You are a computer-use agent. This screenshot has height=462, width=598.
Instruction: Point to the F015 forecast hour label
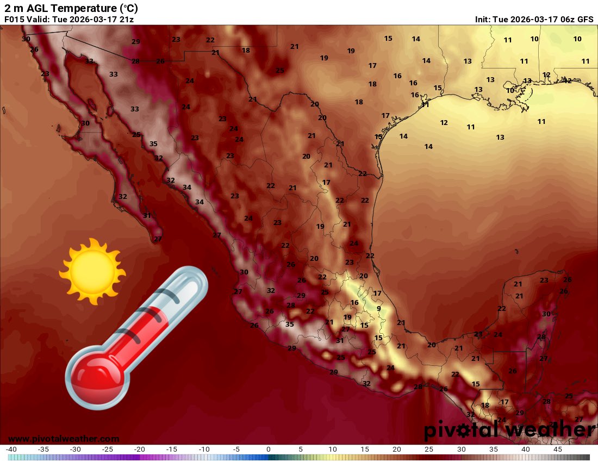pos(15,19)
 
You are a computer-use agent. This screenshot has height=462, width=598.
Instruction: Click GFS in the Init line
pos(585,19)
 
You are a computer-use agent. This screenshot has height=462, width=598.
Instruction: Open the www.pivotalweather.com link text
pos(64,439)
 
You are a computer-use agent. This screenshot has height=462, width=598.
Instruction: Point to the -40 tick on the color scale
pos(11,449)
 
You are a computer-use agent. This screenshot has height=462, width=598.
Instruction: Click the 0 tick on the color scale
pos(269,449)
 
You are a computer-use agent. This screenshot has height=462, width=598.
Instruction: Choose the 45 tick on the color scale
pos(558,449)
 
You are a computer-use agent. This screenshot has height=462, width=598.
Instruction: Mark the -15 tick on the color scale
pos(172,449)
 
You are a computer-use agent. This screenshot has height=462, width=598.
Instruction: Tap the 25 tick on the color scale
pos(429,449)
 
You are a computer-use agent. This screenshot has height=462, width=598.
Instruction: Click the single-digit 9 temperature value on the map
pos(379,309)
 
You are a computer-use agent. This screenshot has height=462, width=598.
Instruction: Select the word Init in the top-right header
pos(483,19)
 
